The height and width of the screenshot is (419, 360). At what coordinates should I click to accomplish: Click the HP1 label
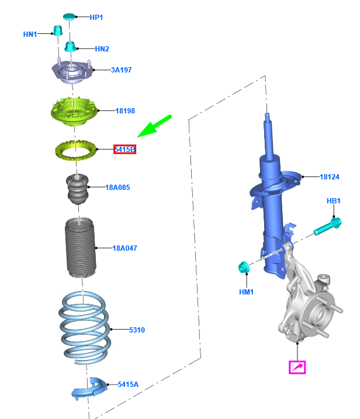[x=96, y=18]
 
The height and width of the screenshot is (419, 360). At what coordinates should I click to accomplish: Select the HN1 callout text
[x=30, y=34]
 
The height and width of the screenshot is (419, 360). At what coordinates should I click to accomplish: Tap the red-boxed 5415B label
[x=125, y=150]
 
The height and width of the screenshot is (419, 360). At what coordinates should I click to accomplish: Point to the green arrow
[x=154, y=126]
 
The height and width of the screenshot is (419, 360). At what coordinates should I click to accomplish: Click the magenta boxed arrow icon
[x=297, y=367]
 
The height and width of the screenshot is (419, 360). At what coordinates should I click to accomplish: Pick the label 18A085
[x=117, y=188]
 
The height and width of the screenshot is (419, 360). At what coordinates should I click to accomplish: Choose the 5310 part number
[x=137, y=330]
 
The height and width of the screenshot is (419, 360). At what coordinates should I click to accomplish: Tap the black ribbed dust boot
[x=80, y=247]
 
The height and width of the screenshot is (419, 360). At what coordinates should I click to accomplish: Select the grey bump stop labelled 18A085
[x=77, y=189]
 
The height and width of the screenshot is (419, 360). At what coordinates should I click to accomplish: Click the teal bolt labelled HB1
[x=327, y=227]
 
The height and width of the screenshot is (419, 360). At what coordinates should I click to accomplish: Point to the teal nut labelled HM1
[x=244, y=267]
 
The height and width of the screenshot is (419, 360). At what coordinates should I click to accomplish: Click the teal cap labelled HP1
[x=70, y=16]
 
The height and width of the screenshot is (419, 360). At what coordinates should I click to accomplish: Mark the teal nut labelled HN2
[x=70, y=47]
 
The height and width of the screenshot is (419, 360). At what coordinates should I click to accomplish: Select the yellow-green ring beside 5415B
[x=75, y=150]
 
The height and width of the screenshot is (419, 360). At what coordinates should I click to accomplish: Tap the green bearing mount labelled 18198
[x=74, y=111]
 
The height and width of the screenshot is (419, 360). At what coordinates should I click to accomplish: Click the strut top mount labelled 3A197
[x=72, y=72]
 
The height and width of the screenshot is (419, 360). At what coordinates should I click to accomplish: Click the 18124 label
[x=330, y=177]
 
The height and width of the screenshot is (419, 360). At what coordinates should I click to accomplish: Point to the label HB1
[x=334, y=201]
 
